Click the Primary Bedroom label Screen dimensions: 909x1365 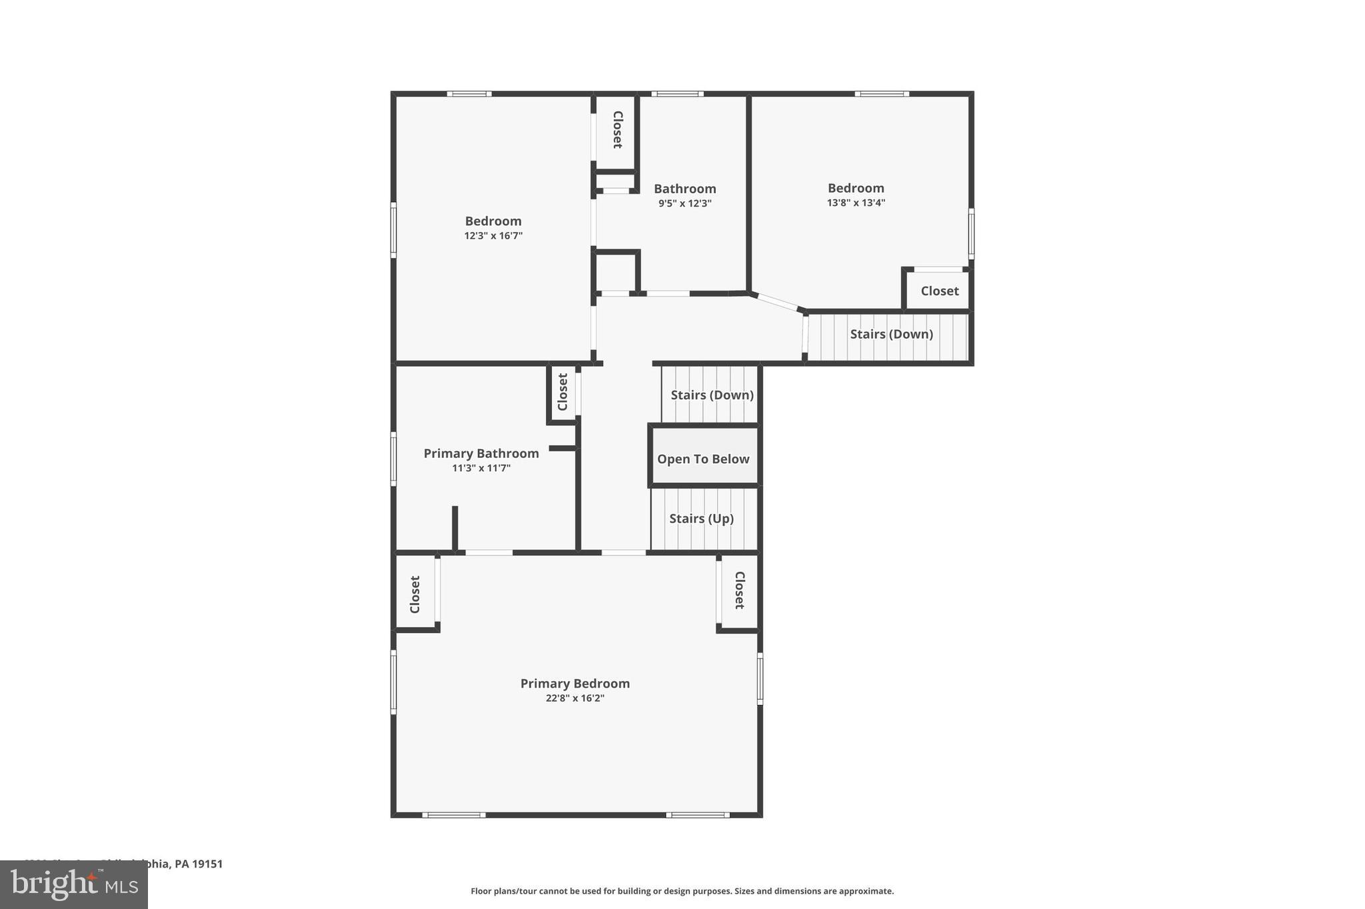coord(575,684)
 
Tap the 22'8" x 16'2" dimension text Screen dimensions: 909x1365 coord(575,698)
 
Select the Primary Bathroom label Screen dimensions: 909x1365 coord(481,454)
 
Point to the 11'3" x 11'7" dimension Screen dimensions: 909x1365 coord(481,468)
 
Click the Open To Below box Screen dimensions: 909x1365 coord(704,459)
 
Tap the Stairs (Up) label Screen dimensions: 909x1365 coord(701,518)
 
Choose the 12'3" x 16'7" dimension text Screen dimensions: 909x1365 coord(493,236)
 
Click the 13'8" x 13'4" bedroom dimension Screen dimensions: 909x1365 coord(856,203)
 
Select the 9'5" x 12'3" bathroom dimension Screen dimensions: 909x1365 coord(684,204)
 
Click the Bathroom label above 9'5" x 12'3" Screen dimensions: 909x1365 coord(684,189)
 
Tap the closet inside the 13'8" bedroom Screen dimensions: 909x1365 coord(939,291)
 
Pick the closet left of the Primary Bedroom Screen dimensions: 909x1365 coord(415,594)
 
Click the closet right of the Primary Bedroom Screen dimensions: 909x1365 coord(739,590)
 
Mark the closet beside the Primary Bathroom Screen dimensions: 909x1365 coord(563,392)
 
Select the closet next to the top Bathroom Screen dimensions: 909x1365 coord(617,130)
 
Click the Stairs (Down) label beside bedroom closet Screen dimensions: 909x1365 coord(891,335)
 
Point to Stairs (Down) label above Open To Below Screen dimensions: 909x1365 coord(712,395)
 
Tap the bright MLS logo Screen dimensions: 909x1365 coord(74,885)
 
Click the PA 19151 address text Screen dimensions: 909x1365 coord(198,864)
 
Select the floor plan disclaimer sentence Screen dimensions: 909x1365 coord(682,891)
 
